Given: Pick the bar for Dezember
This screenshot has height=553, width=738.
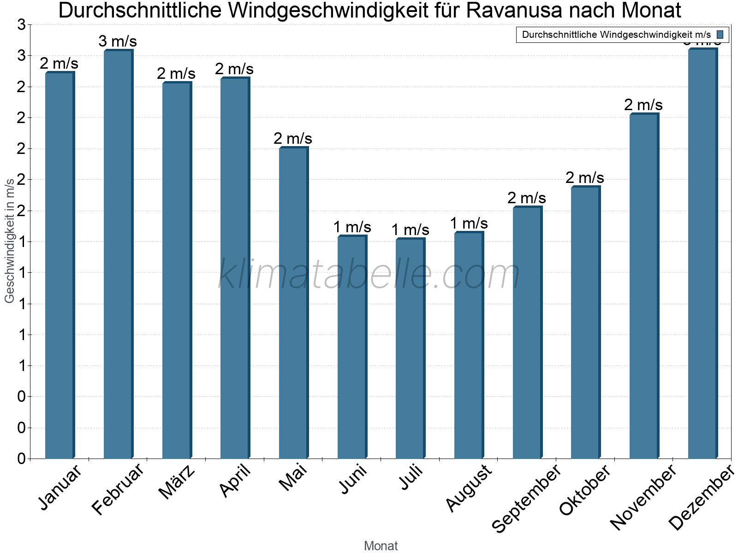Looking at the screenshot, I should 702,253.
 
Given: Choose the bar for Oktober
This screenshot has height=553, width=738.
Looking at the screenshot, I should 585,323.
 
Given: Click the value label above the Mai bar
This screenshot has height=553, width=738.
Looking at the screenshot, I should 293,138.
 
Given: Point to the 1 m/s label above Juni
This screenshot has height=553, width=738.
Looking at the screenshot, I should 352,227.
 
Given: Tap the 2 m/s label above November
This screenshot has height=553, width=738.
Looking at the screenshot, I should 643,105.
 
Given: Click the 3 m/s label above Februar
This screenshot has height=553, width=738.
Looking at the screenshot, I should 118,41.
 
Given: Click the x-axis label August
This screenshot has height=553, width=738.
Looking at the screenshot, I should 470,488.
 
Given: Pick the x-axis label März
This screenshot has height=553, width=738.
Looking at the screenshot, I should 177,482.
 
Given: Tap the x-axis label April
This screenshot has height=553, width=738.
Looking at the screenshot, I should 236,481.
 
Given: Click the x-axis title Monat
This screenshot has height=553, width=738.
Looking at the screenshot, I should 381,546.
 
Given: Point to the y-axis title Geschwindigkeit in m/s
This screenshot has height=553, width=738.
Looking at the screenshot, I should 10,241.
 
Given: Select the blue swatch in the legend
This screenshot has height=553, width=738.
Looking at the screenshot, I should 720,35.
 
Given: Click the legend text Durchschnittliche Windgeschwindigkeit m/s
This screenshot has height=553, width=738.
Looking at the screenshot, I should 616,35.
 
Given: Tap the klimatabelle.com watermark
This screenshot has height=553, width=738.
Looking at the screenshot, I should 369,274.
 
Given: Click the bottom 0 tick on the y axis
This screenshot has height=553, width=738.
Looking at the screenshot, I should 21,459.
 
